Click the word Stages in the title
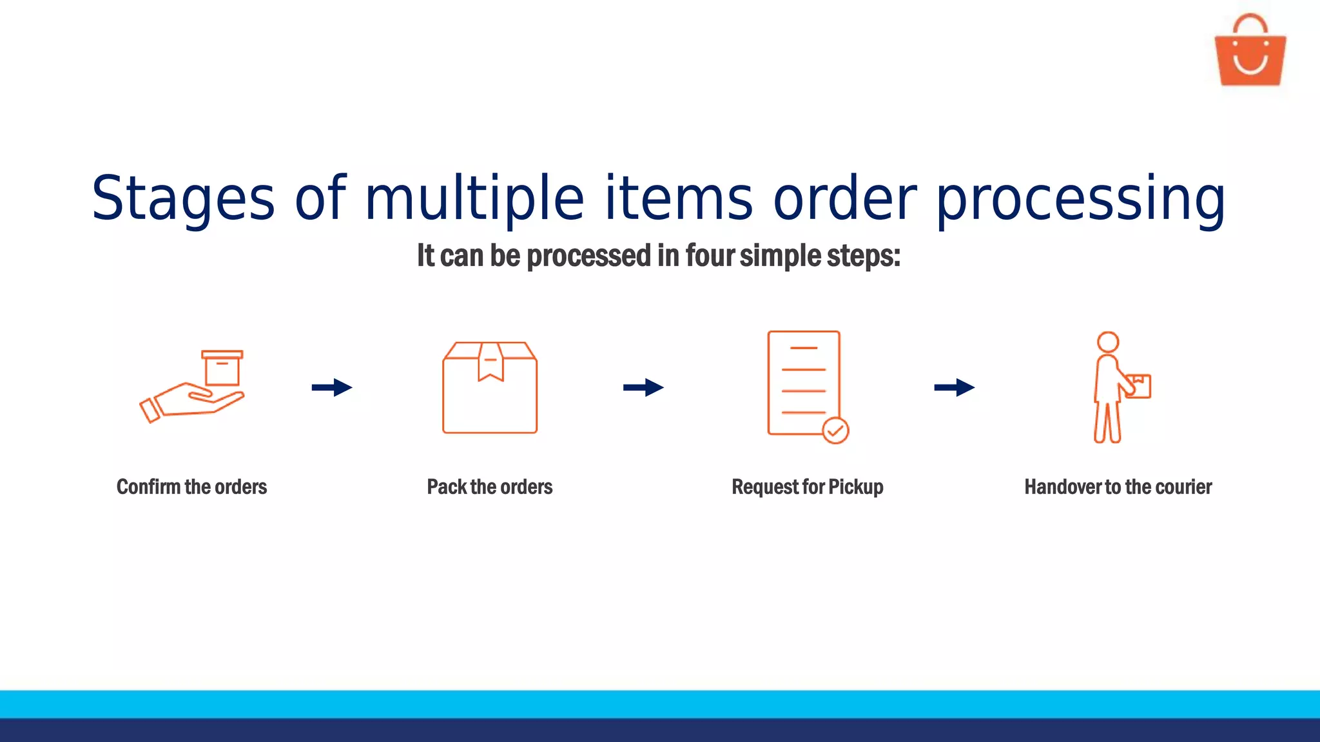click(x=183, y=198)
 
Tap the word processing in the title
click(x=1080, y=198)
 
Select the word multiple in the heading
click(x=474, y=198)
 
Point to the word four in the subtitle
click(x=710, y=256)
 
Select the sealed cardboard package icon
click(x=490, y=388)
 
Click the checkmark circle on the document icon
click(x=835, y=430)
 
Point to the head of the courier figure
click(x=1108, y=342)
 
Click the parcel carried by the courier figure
click(x=1139, y=386)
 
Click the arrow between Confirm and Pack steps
click(x=332, y=387)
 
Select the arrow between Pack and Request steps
click(x=643, y=387)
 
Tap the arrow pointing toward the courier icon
click(x=955, y=387)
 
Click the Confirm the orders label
click(x=191, y=487)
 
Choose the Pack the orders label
click(x=490, y=487)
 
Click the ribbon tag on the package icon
click(x=490, y=362)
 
